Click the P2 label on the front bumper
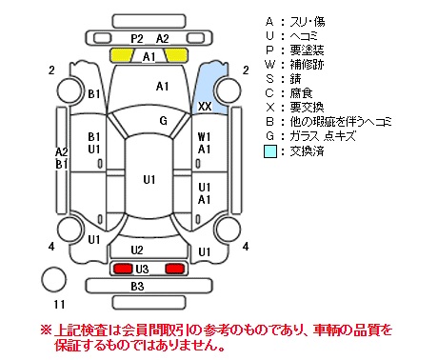pos(137,39)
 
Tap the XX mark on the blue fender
pos(205,107)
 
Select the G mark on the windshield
pos(163,121)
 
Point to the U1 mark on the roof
pos(149,180)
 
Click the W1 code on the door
pos(204,137)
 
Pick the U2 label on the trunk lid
pos(137,250)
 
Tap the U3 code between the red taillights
pos(142,270)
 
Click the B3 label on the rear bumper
pos(137,287)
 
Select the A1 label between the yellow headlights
pos(149,57)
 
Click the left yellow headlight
pos(122,55)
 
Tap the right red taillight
pos(174,269)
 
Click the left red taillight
pos(123,269)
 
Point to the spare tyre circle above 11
pos(54,280)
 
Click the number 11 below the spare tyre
pos(59,305)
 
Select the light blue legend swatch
pos(270,151)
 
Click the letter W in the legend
pos(269,65)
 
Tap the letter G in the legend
pos(269,136)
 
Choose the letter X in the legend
pos(269,108)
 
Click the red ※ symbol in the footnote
pos(46,330)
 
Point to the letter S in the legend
pos(269,79)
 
